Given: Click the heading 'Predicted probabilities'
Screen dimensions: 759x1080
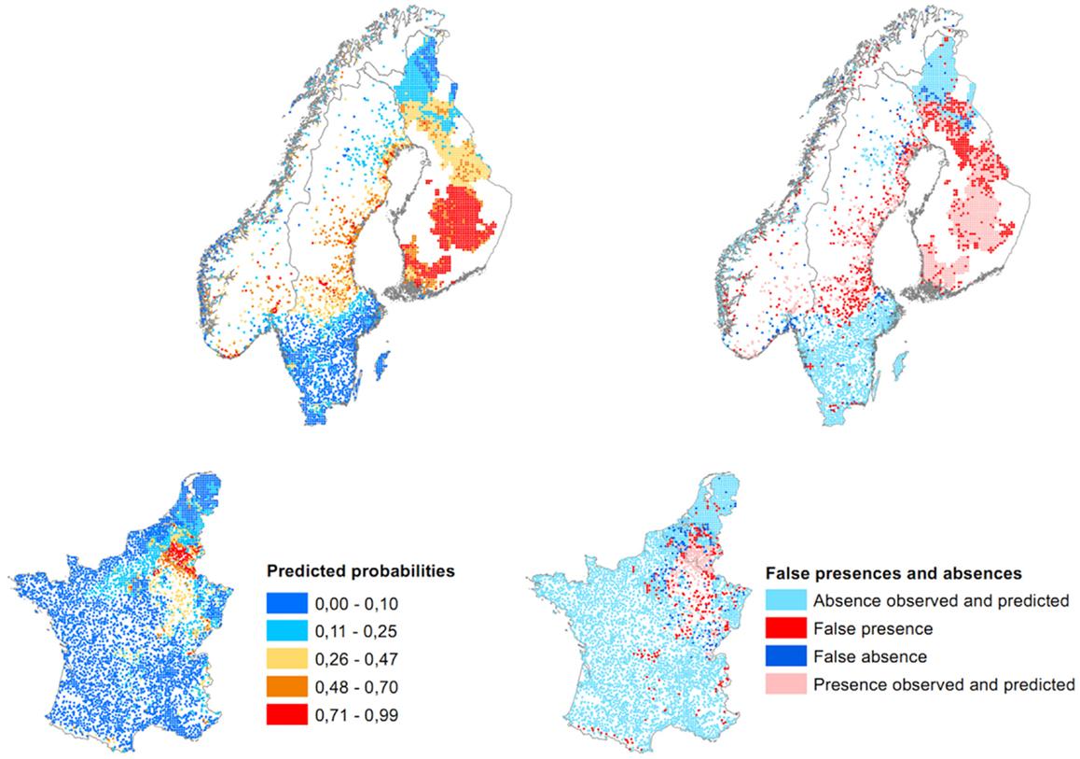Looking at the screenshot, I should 344,569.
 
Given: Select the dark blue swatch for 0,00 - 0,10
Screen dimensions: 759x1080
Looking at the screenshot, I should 292,599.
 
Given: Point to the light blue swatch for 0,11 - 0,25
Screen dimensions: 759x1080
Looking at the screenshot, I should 292,627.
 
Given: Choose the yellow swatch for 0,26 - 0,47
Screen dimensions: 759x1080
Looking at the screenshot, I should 292,655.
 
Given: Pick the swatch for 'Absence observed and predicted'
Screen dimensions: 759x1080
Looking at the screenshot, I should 785,600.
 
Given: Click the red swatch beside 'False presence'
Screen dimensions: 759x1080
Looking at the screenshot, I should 785,628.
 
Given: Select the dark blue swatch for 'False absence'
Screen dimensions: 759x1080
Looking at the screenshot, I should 785,656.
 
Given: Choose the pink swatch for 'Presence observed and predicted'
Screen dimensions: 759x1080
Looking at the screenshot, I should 785,684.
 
